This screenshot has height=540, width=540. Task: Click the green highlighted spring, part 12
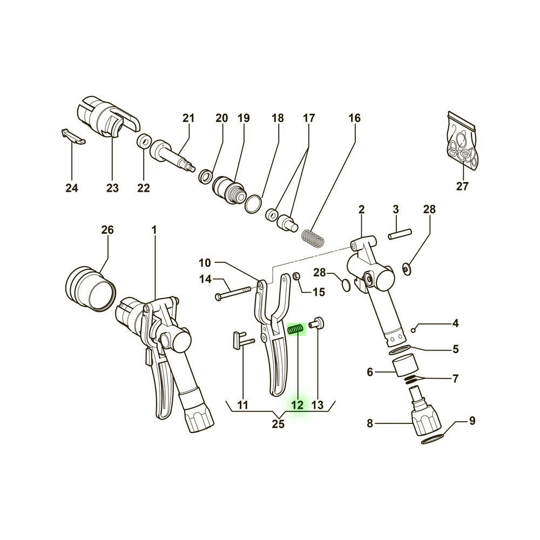[296, 328]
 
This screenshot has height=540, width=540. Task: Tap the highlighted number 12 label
[297, 405]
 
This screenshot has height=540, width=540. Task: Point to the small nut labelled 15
[296, 277]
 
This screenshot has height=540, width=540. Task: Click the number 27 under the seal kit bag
[462, 187]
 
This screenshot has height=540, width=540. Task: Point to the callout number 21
[188, 118]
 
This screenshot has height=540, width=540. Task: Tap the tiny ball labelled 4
[414, 329]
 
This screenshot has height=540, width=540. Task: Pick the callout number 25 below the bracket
[278, 424]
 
